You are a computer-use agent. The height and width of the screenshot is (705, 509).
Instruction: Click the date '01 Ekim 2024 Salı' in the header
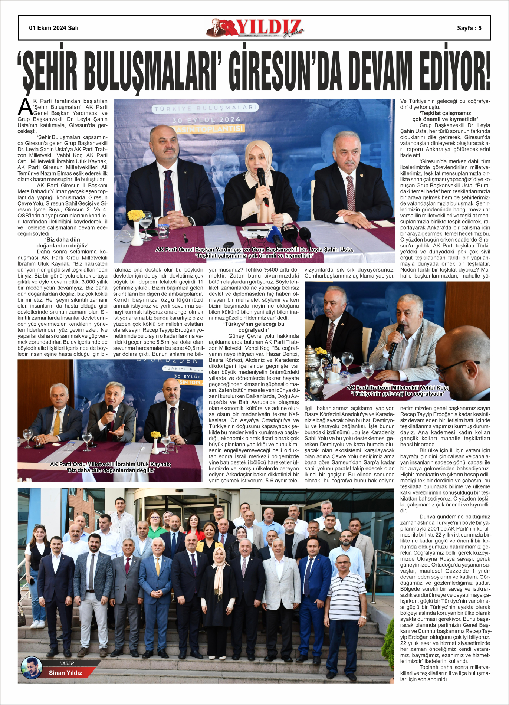pos(53,28)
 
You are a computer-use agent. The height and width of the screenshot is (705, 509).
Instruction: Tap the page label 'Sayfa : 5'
pos(469,28)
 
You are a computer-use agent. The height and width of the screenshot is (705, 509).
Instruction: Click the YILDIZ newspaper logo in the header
pos(256,28)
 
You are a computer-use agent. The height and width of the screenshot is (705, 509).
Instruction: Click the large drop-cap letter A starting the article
pos(25,108)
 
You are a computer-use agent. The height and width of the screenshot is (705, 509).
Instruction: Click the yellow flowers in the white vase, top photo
pos(136,215)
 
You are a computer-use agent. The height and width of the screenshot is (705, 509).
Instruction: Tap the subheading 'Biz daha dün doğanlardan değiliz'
pos(63,243)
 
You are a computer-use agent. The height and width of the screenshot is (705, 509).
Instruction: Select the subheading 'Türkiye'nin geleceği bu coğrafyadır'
pos(254,327)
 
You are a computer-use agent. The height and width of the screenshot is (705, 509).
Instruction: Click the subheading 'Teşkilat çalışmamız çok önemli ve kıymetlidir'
pos(445,116)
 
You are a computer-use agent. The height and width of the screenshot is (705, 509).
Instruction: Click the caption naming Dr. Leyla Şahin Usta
pos(254,252)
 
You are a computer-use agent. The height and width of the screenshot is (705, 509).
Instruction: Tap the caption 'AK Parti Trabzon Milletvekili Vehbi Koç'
pos(397,390)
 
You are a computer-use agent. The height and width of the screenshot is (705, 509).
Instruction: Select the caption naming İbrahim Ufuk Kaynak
pos(111,467)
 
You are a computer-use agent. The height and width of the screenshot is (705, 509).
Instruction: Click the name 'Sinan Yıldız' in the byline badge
pos(65,673)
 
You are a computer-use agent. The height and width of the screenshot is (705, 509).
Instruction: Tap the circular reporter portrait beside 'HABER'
pos(32,668)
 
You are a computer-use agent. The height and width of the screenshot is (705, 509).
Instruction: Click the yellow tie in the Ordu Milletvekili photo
pos(57,423)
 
